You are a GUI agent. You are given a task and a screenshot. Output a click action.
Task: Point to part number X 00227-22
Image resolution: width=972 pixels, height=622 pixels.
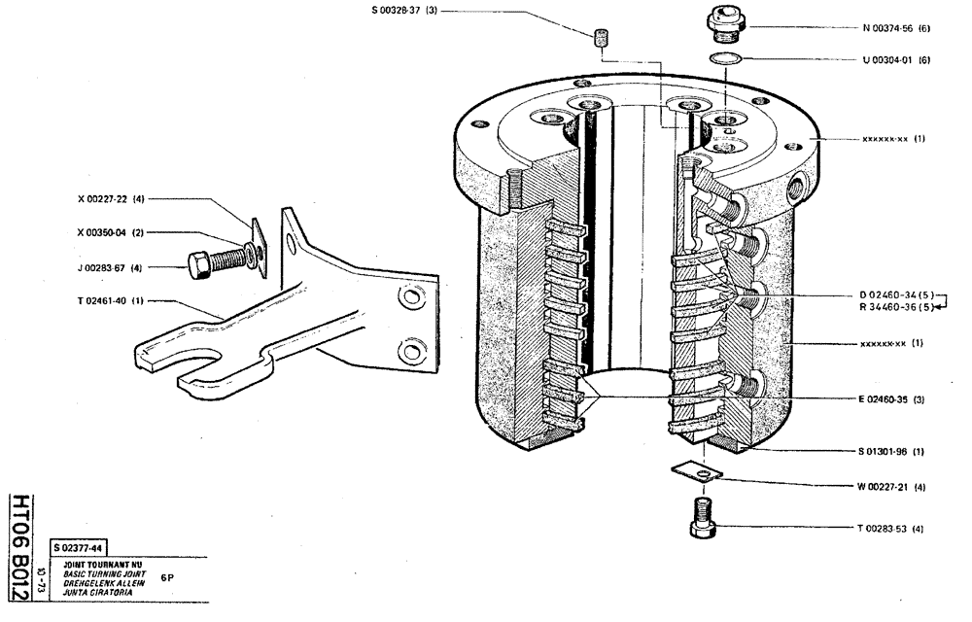click(x=111, y=198)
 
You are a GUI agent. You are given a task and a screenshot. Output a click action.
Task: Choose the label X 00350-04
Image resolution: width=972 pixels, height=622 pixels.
click(x=111, y=233)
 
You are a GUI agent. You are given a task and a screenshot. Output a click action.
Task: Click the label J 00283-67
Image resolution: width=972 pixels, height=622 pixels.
click(x=111, y=267)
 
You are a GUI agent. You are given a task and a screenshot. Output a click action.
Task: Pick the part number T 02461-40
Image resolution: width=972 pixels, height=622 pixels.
click(x=111, y=301)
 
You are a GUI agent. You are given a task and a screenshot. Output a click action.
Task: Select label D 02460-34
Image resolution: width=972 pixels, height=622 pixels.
click(x=892, y=294)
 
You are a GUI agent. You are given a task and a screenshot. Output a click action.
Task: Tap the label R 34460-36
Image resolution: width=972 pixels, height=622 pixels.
click(x=892, y=308)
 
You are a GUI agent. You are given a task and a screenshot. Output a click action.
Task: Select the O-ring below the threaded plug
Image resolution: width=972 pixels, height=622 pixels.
click(x=724, y=59)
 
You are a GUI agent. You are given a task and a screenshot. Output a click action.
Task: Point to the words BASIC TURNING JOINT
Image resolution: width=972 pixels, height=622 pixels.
click(x=104, y=574)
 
